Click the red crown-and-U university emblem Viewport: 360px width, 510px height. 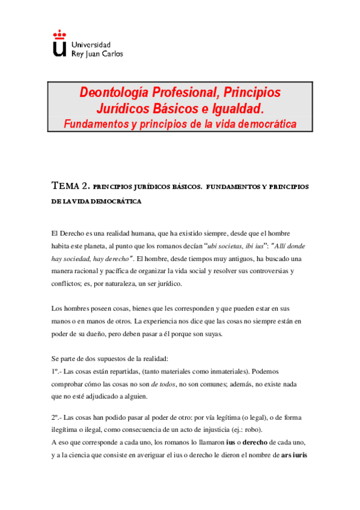59,44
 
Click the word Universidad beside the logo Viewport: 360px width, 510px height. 91,45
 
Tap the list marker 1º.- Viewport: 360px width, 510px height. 56,371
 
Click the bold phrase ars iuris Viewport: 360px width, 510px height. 294,455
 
